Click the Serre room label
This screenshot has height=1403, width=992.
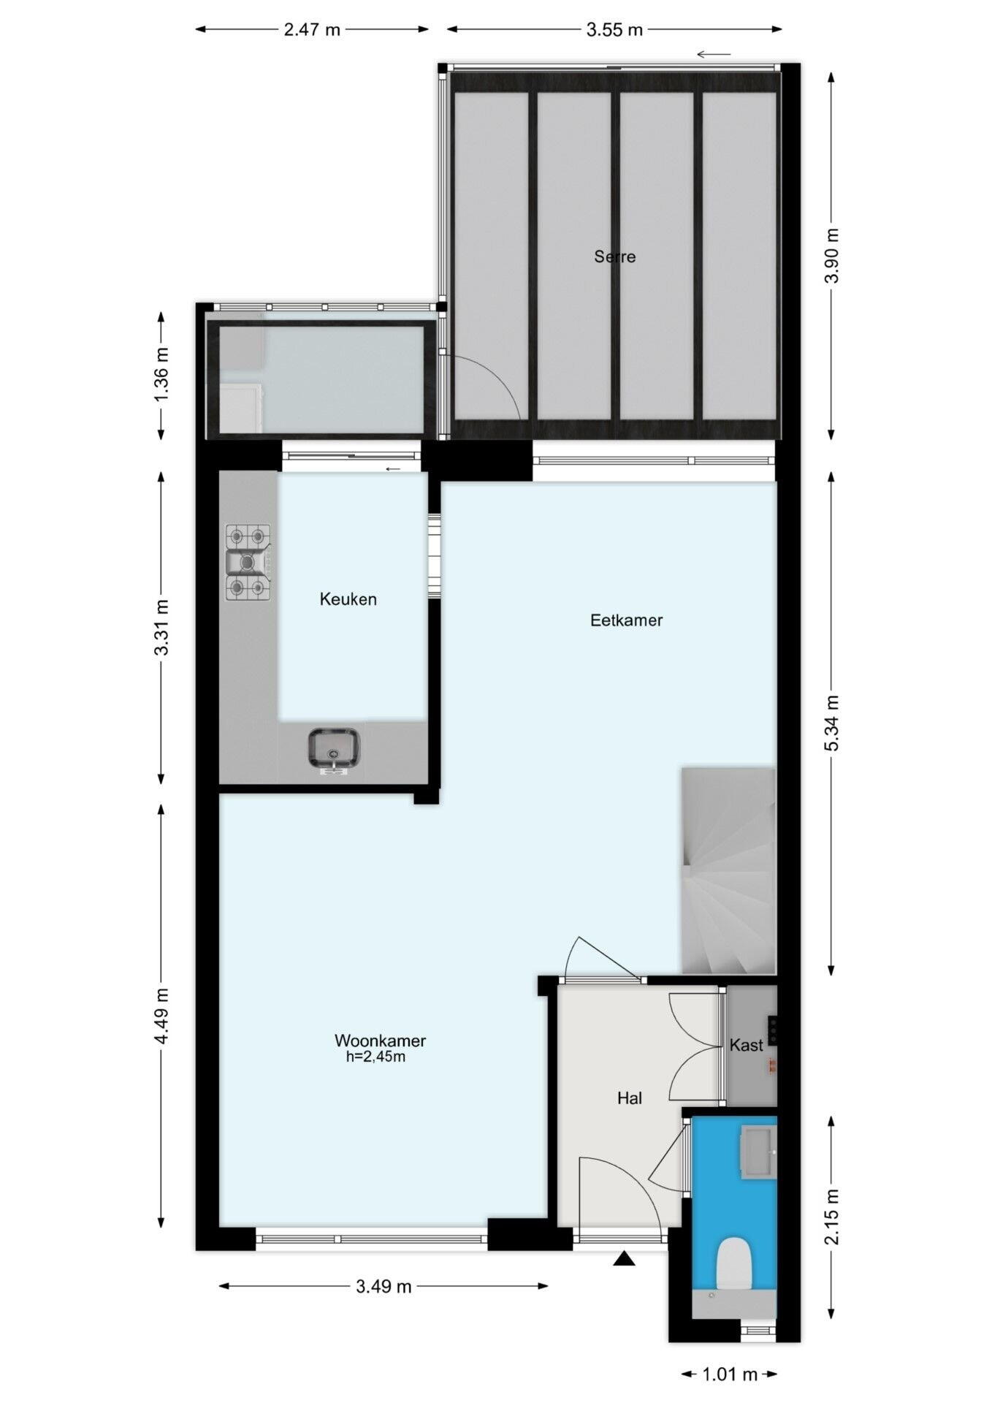click(x=614, y=256)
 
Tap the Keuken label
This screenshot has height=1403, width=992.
click(x=348, y=599)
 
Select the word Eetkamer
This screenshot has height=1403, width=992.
click(x=626, y=620)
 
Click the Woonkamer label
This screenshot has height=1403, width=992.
click(x=380, y=1040)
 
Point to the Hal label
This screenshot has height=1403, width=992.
click(x=629, y=1098)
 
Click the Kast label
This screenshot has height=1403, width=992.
click(x=746, y=1045)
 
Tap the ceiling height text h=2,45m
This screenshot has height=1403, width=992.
click(x=375, y=1057)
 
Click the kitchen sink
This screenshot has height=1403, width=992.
click(x=334, y=749)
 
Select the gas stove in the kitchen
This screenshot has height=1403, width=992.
click(x=248, y=562)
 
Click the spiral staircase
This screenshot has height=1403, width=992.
click(x=728, y=870)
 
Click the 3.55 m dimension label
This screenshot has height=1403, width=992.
click(x=614, y=30)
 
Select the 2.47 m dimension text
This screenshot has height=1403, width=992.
click(x=312, y=30)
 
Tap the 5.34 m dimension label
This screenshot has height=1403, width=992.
click(x=832, y=723)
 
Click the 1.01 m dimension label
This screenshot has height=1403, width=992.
click(x=730, y=1375)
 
